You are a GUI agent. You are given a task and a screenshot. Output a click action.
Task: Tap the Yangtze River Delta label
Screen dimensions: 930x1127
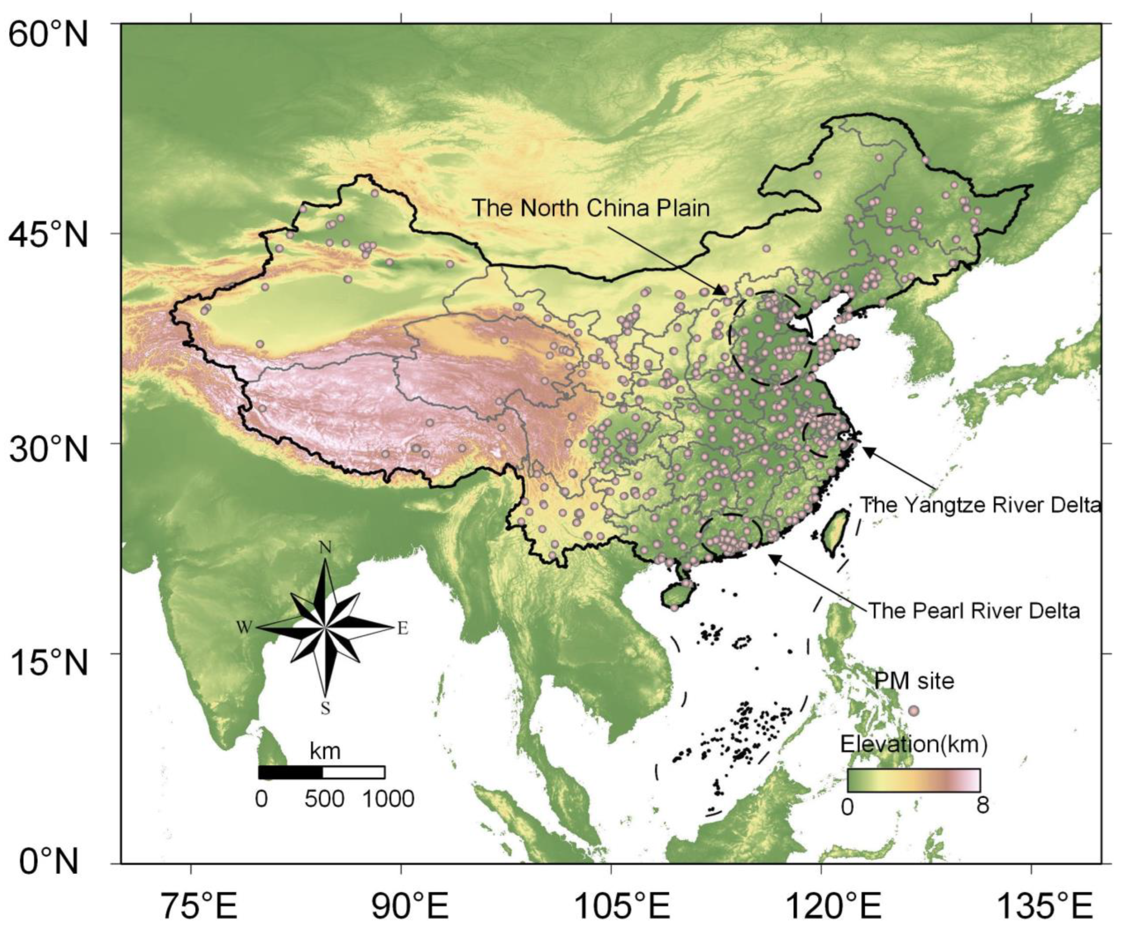[x=980, y=505]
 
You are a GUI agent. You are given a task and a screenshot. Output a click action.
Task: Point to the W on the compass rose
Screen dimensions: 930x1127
[x=244, y=628]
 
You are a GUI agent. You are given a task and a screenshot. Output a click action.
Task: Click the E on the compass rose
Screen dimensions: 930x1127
[x=402, y=628]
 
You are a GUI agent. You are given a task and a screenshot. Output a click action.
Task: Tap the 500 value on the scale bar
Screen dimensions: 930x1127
[x=324, y=799]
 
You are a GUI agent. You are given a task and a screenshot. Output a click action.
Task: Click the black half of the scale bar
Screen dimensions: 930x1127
[x=290, y=772]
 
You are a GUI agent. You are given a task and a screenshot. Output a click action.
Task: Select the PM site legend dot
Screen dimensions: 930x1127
[x=914, y=711]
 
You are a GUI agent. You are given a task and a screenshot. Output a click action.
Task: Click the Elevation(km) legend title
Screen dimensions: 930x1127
[x=913, y=744]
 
